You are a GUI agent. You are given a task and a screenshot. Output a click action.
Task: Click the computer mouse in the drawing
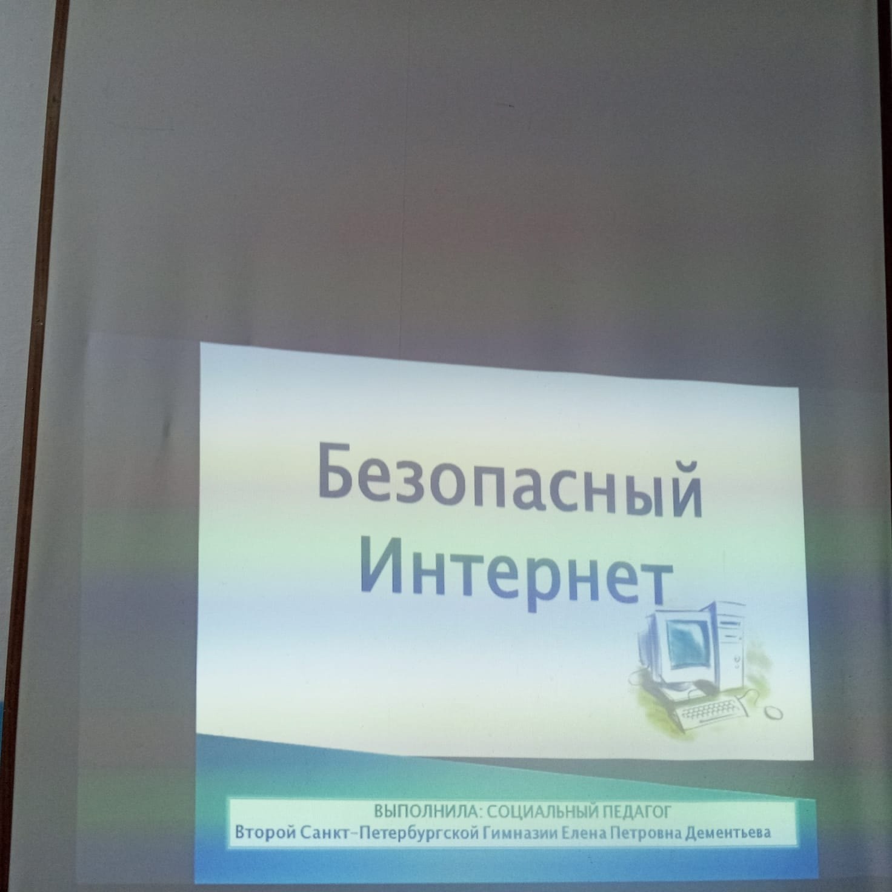click(773, 713)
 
